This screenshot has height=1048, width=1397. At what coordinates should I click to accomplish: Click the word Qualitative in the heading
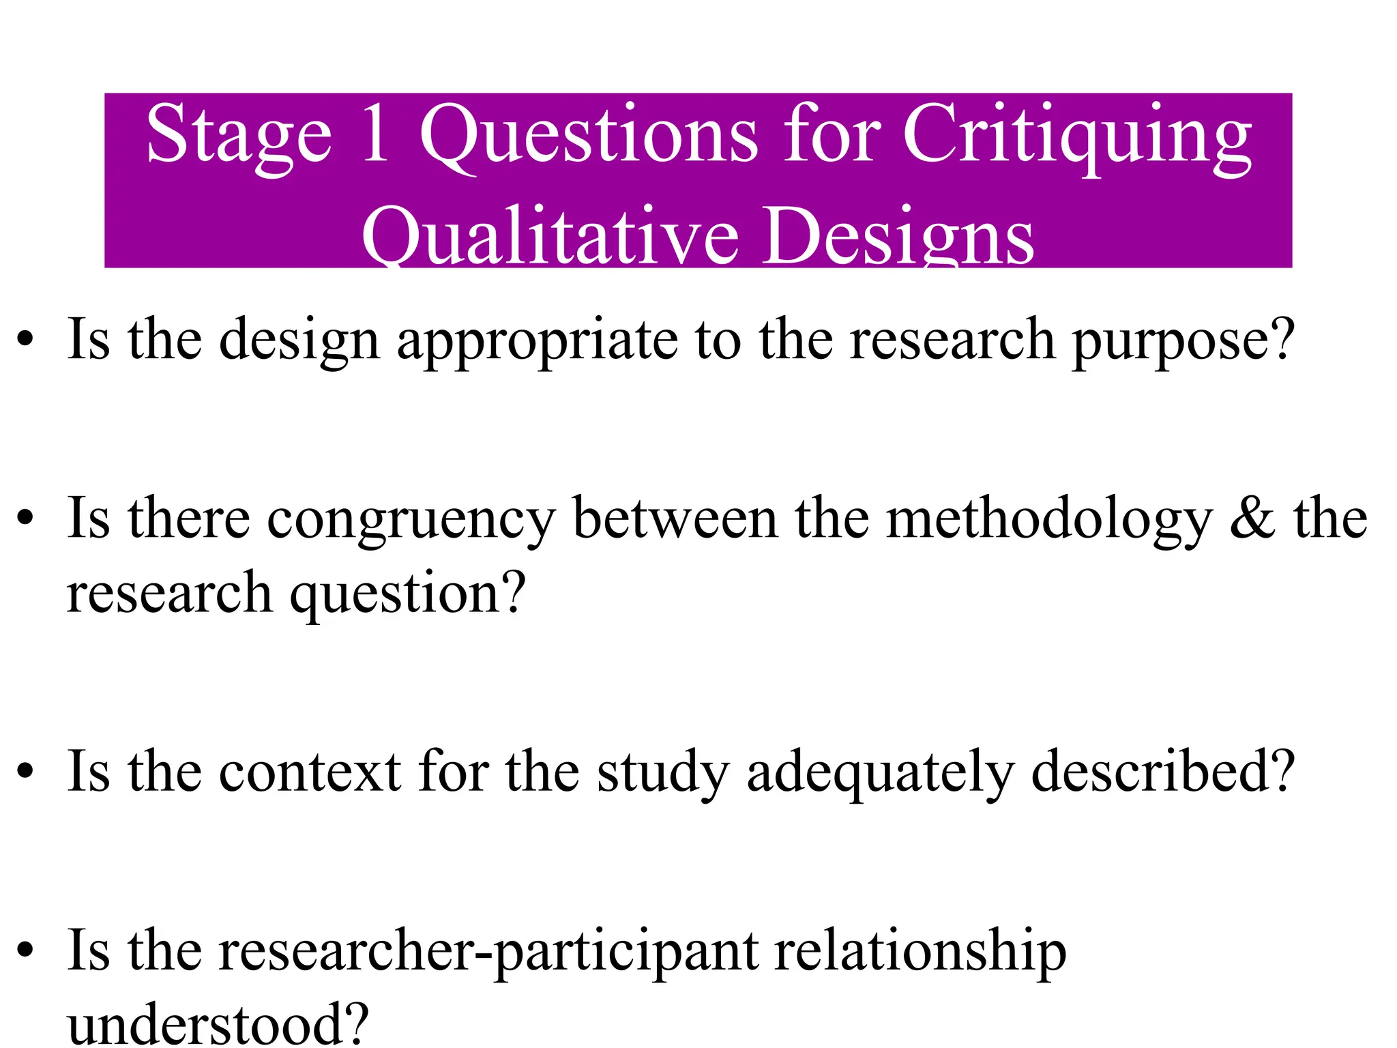click(550, 237)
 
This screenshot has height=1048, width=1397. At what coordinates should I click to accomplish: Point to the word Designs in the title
click(898, 237)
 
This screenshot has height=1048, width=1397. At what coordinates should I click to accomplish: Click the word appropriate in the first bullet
click(538, 341)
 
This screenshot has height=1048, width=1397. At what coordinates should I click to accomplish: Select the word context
click(310, 772)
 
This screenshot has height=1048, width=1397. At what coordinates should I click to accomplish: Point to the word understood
click(217, 1023)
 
